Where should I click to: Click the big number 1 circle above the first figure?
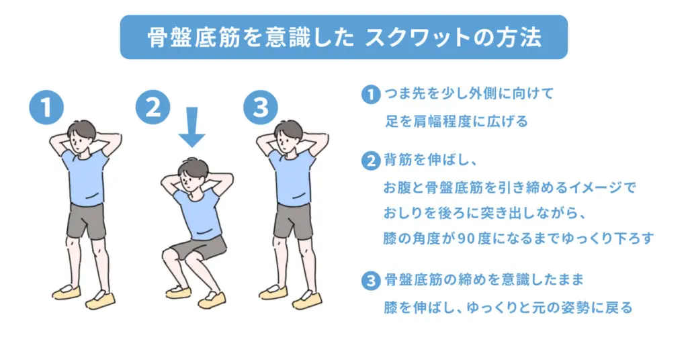[x=46, y=107]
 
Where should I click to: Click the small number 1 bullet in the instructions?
[x=369, y=94]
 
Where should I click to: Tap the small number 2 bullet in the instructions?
[x=369, y=161]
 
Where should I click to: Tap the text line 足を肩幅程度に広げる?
[x=456, y=122]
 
